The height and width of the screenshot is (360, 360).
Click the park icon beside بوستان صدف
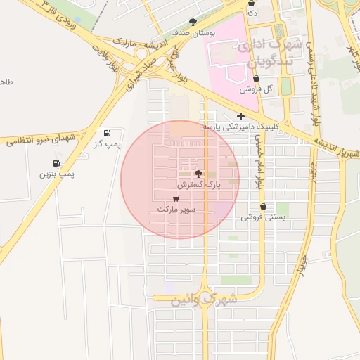pyautogui.click(x=193, y=22)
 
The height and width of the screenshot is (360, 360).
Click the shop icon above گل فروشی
pyautogui.click(x=255, y=79)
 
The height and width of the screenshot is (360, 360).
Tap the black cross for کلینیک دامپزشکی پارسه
pyautogui.click(x=240, y=116)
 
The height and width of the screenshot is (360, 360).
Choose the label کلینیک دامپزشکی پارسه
pyautogui.click(x=241, y=127)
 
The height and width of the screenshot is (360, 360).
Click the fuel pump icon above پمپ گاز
pyautogui.click(x=107, y=133)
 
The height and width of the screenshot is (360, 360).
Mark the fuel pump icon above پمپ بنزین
pyautogui.click(x=56, y=163)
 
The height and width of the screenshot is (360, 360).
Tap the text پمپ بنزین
pyautogui.click(x=56, y=174)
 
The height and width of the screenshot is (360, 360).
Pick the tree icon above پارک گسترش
pyautogui.click(x=198, y=173)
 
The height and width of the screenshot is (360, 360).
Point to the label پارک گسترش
pyautogui.click(x=199, y=185)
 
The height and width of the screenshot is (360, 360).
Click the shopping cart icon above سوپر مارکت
pyautogui.click(x=175, y=198)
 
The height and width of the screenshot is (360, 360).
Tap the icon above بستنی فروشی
pyautogui.click(x=263, y=207)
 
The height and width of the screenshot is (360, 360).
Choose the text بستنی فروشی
pyautogui.click(x=263, y=218)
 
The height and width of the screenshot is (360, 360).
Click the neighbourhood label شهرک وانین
pyautogui.click(x=205, y=299)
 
